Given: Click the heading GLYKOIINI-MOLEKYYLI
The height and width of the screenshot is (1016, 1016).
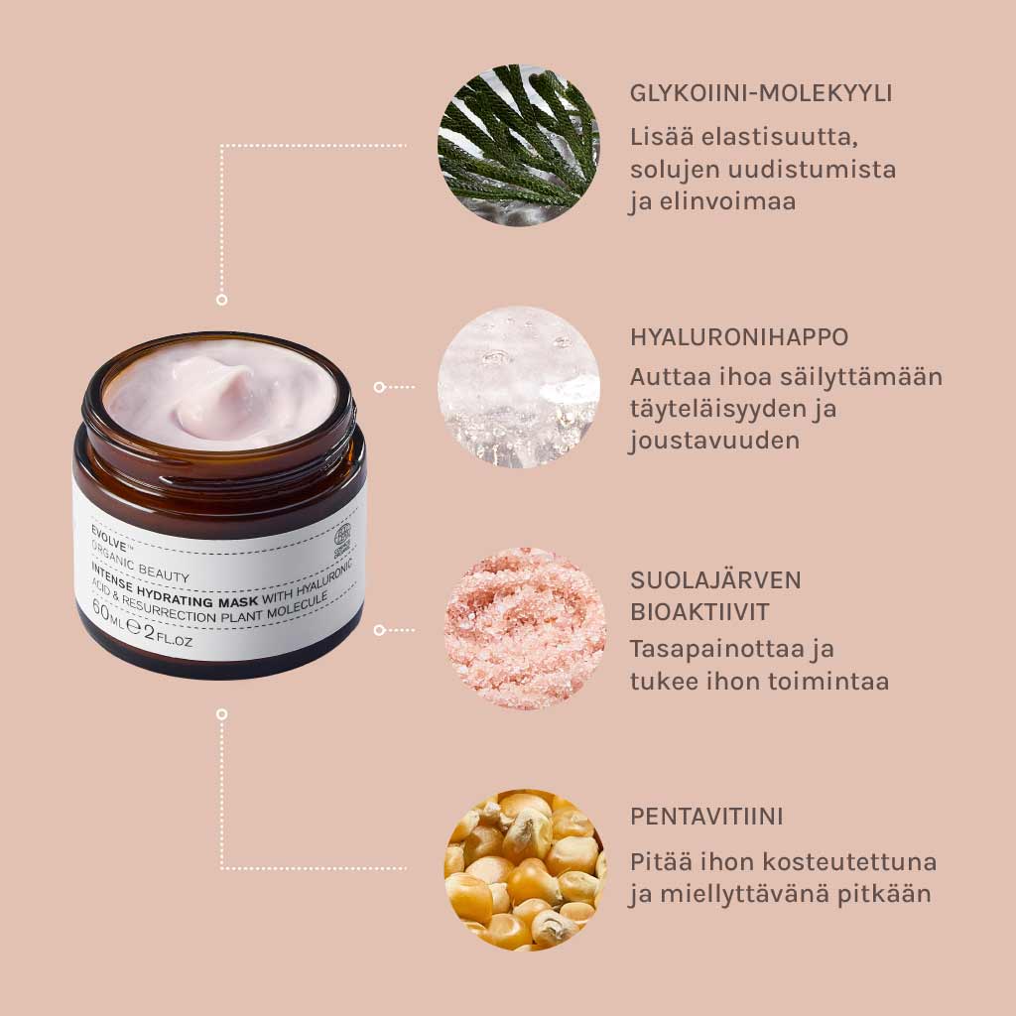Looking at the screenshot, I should (x=761, y=93).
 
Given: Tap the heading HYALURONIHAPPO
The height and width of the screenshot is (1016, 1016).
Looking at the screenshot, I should (x=739, y=336).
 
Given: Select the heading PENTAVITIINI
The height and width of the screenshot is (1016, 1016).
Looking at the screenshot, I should (x=706, y=817).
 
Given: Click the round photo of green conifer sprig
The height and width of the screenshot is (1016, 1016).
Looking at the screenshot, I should (x=519, y=145).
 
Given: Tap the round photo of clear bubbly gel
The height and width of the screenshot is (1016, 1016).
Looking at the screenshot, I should (x=519, y=387).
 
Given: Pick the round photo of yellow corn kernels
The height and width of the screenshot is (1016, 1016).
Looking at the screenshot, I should (x=524, y=869).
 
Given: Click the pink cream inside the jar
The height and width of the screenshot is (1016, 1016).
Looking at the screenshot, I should (x=220, y=396).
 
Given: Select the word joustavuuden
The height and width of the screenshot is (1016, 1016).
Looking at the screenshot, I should (x=714, y=440).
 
